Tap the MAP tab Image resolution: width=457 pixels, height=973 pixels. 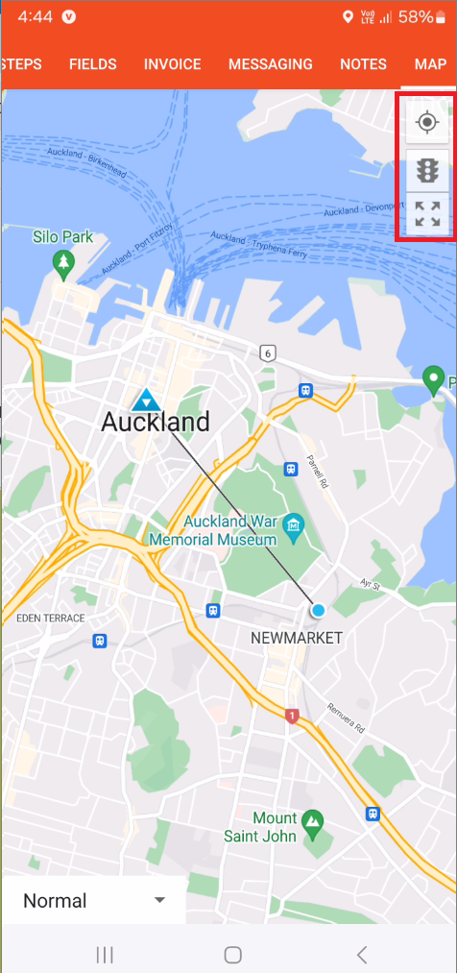(x=430, y=64)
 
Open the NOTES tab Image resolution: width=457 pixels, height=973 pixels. (x=363, y=64)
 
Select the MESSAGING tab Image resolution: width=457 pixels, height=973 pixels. (x=270, y=64)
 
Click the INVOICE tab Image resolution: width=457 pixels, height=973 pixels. (x=172, y=64)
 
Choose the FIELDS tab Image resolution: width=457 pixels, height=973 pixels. (x=92, y=64)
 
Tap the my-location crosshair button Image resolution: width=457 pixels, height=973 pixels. (x=426, y=123)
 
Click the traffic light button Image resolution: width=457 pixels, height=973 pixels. (x=426, y=171)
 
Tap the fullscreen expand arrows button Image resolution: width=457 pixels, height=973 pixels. (x=426, y=214)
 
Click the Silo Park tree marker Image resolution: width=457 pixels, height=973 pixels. (x=64, y=262)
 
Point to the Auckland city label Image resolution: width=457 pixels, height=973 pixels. (x=156, y=422)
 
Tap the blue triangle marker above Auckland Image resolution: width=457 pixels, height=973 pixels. (x=146, y=399)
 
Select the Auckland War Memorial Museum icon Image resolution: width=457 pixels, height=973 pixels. (x=294, y=524)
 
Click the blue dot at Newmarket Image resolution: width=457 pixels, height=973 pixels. (x=318, y=610)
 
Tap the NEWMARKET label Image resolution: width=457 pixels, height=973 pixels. (x=296, y=638)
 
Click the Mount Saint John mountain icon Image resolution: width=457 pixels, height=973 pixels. (x=312, y=820)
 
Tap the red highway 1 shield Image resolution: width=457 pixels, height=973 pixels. (x=292, y=716)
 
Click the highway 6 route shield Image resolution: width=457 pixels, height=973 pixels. (x=266, y=353)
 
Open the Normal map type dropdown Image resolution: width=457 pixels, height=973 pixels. (x=93, y=901)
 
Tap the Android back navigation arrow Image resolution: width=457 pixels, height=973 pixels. (x=361, y=954)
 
